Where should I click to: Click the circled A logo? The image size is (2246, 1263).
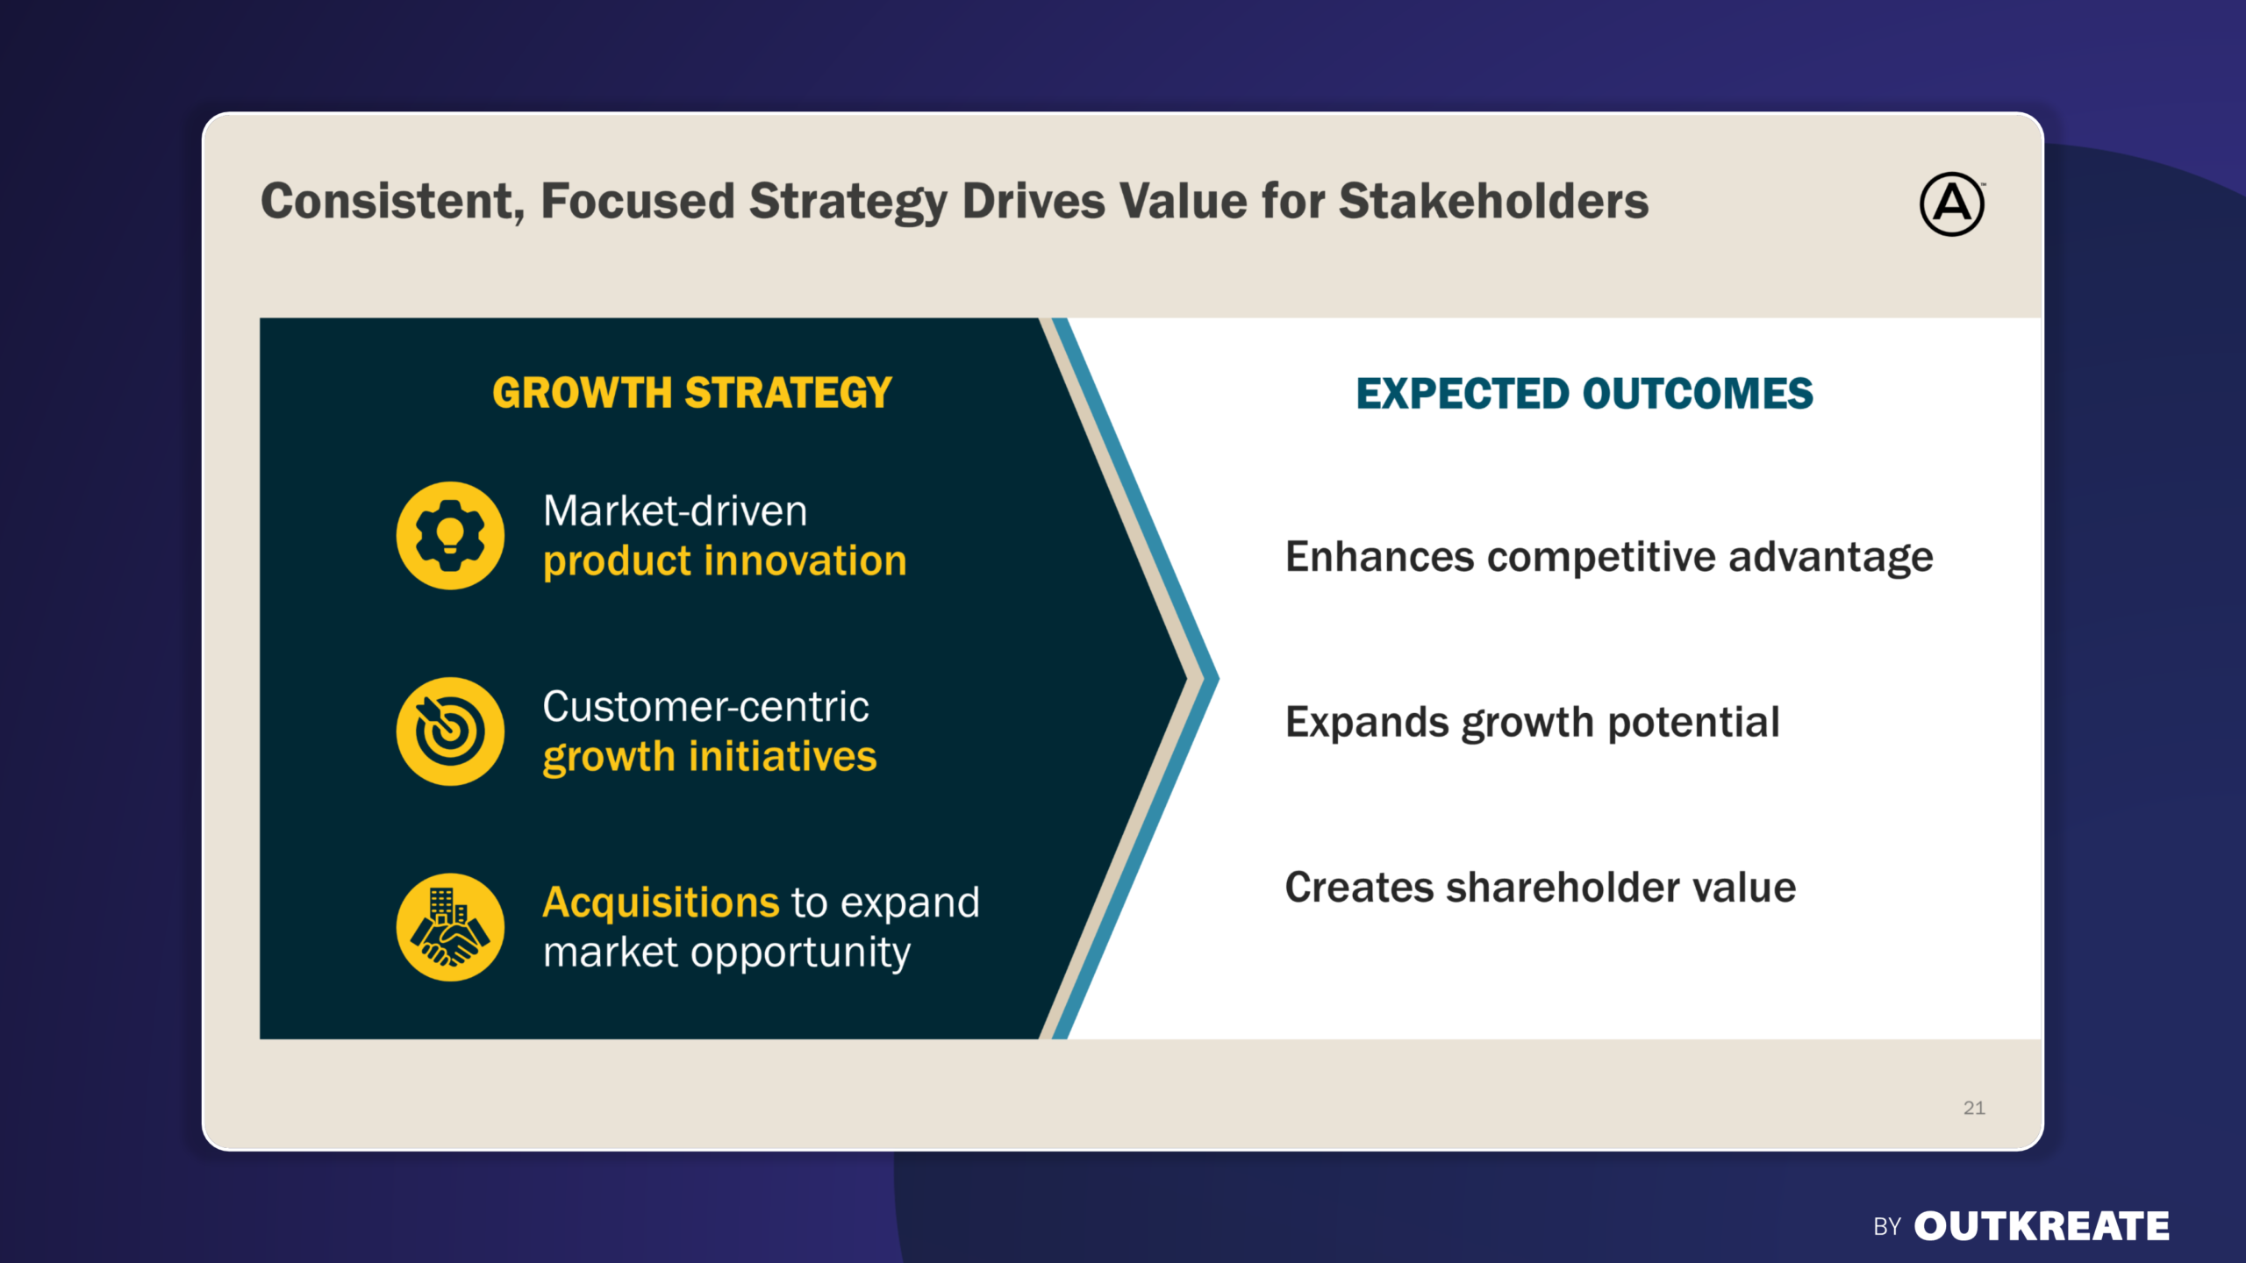(x=1952, y=204)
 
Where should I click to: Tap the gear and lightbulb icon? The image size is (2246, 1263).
(x=450, y=535)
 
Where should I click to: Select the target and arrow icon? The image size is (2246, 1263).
(x=450, y=731)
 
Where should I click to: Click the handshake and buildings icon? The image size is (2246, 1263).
(x=450, y=927)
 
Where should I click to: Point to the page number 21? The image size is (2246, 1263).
(x=1974, y=1108)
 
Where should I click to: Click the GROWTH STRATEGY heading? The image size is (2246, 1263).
(x=692, y=392)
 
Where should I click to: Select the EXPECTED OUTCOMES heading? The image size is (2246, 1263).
(x=1584, y=393)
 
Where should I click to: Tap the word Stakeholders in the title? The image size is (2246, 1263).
(x=1493, y=201)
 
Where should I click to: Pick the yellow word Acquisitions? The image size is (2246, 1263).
(x=661, y=902)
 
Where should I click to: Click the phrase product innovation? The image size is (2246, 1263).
(x=725, y=561)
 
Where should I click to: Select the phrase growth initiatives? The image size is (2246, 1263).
(x=710, y=757)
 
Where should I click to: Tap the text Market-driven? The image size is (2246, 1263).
(x=675, y=510)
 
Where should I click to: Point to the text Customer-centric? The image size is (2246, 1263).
(x=705, y=706)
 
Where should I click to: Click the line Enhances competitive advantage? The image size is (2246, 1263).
(x=1609, y=558)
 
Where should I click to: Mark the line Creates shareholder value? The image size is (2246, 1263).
(x=1541, y=887)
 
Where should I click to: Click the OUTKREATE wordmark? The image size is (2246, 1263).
(x=2042, y=1226)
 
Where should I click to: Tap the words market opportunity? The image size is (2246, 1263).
(x=726, y=953)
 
